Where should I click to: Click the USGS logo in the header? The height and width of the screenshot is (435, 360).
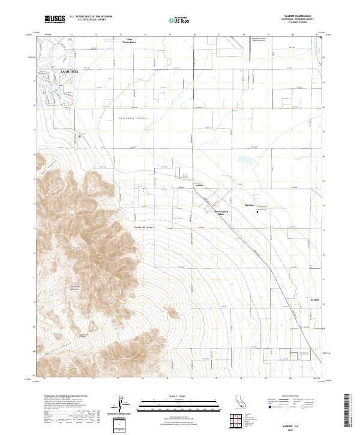(x=55, y=19)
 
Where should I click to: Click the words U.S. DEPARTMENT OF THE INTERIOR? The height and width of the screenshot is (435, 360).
(x=91, y=17)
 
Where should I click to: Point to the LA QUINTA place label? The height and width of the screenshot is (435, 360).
(x=70, y=71)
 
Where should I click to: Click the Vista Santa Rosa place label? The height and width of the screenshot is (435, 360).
(x=130, y=42)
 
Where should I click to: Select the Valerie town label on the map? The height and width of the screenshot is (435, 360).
(x=200, y=185)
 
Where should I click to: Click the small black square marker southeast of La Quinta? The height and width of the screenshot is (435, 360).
(x=79, y=137)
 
